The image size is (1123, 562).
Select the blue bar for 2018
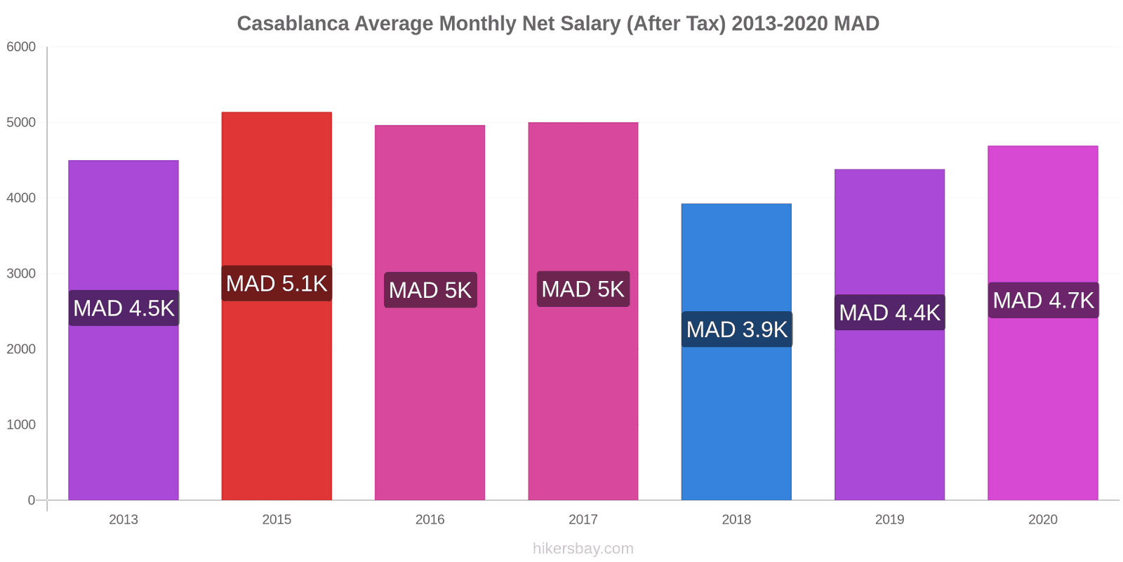(736, 421)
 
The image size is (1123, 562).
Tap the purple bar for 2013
(124, 407)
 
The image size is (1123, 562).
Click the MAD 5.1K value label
(277, 283)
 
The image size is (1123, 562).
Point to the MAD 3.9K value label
(736, 329)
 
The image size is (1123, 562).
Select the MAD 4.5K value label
(124, 308)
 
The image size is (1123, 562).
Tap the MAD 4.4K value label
(889, 313)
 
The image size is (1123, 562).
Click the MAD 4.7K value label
(1043, 300)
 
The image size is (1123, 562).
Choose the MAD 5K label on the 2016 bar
(430, 290)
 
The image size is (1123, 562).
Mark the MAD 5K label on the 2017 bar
(583, 289)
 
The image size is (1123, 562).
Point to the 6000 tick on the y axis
(21, 47)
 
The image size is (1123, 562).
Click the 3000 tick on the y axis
(21, 274)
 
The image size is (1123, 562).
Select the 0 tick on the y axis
(31, 500)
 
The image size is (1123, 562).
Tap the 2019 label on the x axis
(889, 520)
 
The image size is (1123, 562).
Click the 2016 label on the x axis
(430, 520)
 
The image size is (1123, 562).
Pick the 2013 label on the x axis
(124, 520)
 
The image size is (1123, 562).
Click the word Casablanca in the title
(293, 24)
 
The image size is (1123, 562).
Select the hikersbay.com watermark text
(583, 549)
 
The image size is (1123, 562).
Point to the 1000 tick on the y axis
(21, 425)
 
